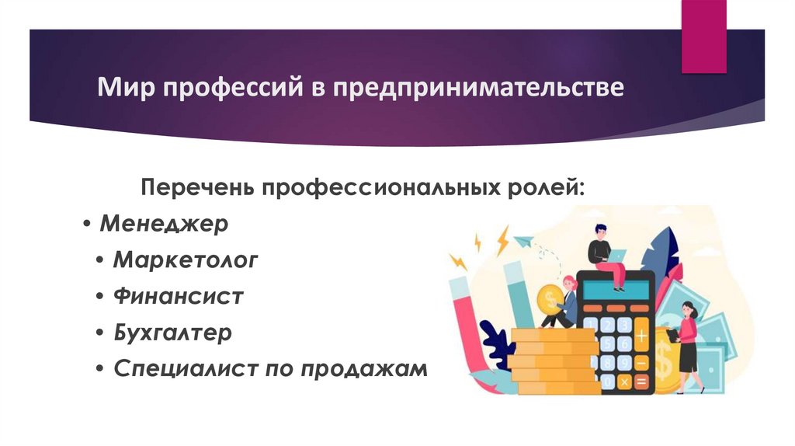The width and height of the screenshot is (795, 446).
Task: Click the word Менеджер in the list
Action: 164,225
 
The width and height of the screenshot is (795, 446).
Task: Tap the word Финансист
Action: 179,296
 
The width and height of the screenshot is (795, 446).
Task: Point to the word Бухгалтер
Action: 172,333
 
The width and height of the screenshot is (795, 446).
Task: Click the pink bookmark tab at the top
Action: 704,35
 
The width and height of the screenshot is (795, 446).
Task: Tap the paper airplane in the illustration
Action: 525,242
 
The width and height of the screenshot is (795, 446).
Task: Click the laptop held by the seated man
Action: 617,256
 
